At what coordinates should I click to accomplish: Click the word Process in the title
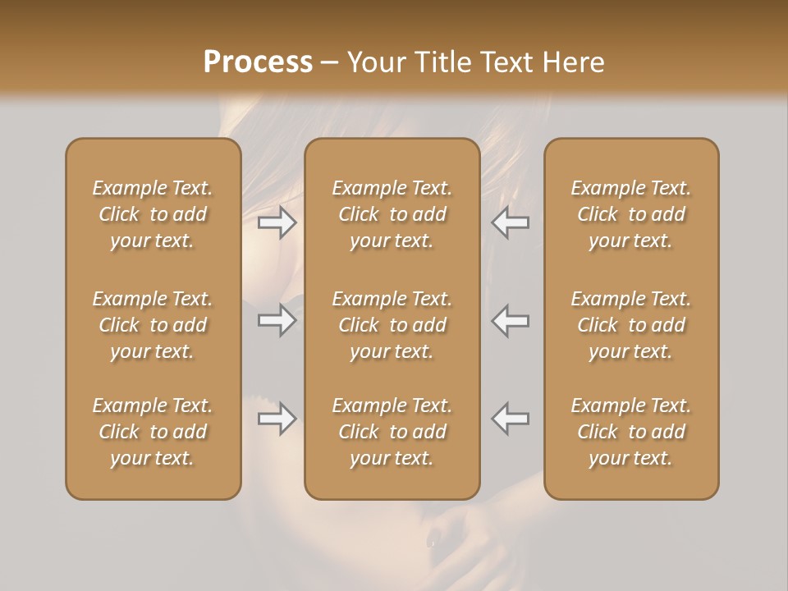tap(258, 62)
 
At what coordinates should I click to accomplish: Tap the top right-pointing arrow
tap(277, 222)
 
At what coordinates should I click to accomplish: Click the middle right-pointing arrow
tap(277, 320)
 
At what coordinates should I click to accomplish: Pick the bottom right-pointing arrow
tap(277, 419)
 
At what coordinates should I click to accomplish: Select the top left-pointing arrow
tap(511, 222)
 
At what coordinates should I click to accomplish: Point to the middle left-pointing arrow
tap(511, 320)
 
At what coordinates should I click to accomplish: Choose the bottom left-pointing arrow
tap(511, 419)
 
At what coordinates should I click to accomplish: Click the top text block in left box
tap(153, 214)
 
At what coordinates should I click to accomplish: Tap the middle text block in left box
tap(153, 325)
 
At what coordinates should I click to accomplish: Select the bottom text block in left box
tap(153, 432)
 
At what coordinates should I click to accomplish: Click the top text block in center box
tap(392, 214)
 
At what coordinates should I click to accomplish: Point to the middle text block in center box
tap(392, 325)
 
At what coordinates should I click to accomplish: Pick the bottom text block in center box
tap(392, 432)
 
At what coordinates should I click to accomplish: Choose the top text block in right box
tap(631, 214)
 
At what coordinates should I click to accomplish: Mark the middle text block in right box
tap(631, 325)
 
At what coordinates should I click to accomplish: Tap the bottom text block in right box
tap(631, 432)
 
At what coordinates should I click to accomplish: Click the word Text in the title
tap(504, 62)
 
